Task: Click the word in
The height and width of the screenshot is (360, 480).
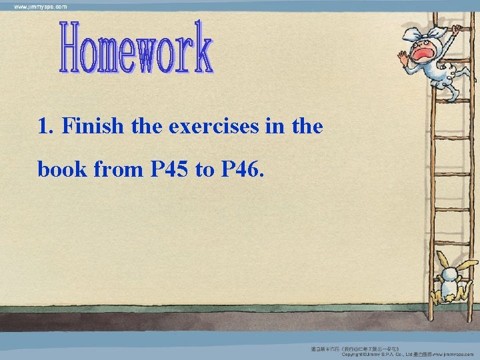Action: pyautogui.click(x=281, y=127)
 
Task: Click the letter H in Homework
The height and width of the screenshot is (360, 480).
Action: pyautogui.click(x=70, y=48)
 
